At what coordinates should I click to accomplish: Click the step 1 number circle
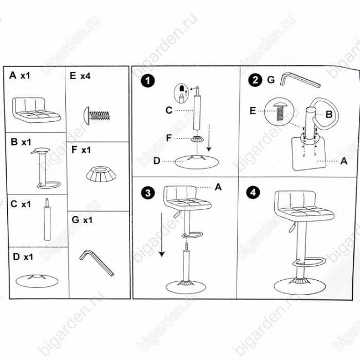coord(148,81)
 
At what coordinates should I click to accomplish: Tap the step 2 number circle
coord(255,80)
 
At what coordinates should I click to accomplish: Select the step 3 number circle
coord(148,193)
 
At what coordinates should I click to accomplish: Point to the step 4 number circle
coord(253,192)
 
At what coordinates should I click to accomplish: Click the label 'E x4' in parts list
coord(80,75)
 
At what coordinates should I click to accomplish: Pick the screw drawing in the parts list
coord(97,116)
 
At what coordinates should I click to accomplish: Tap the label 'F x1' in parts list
coord(81,150)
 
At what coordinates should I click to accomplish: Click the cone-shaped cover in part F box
coord(101,174)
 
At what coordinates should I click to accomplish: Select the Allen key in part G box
coord(96,263)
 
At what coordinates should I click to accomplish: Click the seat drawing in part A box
coord(36,110)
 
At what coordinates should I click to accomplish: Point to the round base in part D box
coord(37,281)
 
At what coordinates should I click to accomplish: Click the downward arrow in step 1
coord(209,138)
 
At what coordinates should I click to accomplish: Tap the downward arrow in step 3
coord(162,235)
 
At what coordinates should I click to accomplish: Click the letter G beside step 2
coord(271,80)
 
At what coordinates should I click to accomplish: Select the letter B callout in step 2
coord(329,114)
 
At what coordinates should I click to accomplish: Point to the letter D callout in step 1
coord(157,161)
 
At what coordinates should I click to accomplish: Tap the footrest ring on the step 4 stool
coord(309,262)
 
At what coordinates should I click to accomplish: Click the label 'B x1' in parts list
coord(21,142)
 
